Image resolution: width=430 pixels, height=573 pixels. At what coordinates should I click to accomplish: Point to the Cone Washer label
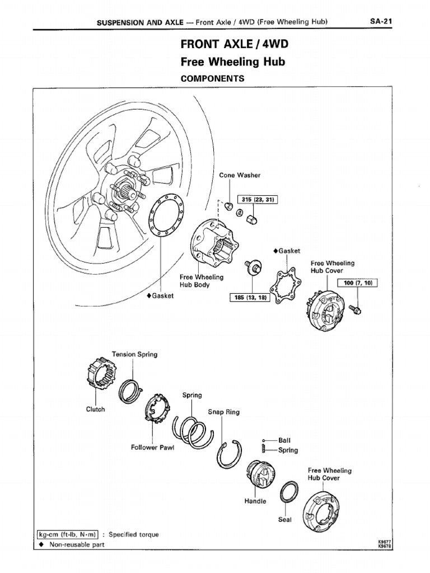240,175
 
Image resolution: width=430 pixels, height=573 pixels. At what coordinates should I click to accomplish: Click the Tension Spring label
134,354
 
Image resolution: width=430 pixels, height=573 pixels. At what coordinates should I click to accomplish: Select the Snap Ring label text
223,412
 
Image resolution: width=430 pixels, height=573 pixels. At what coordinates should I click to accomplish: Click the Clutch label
95,409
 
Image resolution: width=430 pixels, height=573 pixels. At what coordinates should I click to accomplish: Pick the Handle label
255,501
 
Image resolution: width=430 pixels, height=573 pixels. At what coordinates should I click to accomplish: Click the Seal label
285,519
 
